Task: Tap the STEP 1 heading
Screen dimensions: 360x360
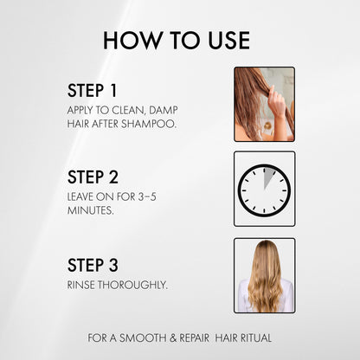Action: pyautogui.click(x=93, y=91)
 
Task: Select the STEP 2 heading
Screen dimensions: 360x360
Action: pyautogui.click(x=93, y=177)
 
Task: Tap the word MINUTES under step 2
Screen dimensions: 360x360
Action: pyautogui.click(x=90, y=211)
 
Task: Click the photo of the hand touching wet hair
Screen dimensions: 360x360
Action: pyautogui.click(x=264, y=104)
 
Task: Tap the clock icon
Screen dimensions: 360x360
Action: pyautogui.click(x=264, y=189)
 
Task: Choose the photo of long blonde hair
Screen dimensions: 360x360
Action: pyautogui.click(x=264, y=275)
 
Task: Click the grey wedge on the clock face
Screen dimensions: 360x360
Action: pyautogui.click(x=268, y=179)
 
